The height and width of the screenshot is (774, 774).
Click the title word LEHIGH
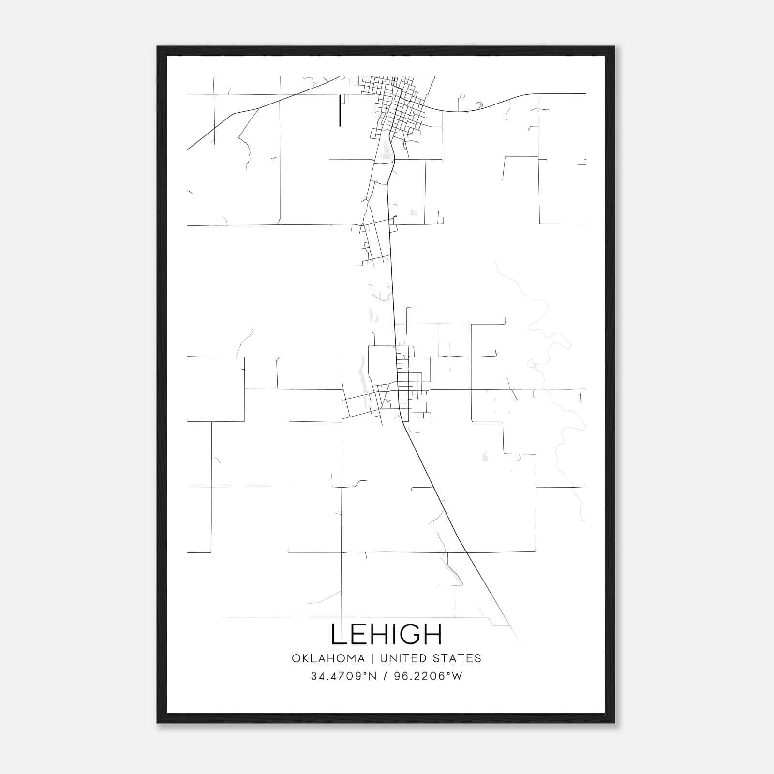(x=386, y=634)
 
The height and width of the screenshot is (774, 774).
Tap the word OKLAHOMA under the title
(x=328, y=658)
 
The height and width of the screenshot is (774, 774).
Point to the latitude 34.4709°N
(x=343, y=676)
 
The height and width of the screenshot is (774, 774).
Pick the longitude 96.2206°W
(x=429, y=676)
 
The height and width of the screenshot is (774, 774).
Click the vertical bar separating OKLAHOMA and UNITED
(x=372, y=658)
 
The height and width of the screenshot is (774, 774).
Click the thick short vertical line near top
(x=340, y=110)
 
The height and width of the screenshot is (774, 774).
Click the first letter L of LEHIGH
(x=339, y=634)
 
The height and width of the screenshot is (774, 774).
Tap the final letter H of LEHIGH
(x=433, y=634)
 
